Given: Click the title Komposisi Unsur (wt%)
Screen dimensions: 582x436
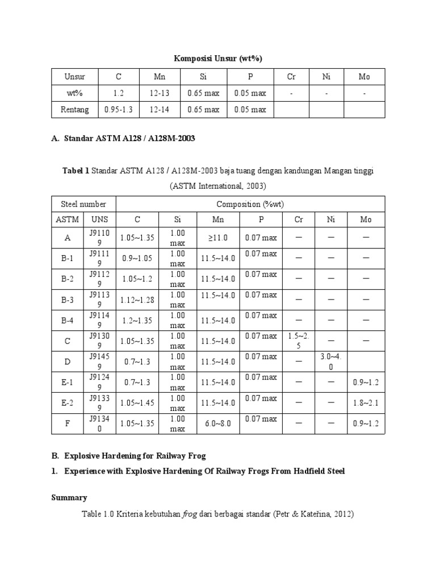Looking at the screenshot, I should pyautogui.click(x=217, y=59).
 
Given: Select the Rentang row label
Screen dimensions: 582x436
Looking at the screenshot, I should pyautogui.click(x=74, y=109).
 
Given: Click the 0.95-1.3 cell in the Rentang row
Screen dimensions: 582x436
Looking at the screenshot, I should pyautogui.click(x=119, y=109).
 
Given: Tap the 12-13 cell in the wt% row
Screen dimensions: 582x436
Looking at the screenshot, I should pyautogui.click(x=160, y=93).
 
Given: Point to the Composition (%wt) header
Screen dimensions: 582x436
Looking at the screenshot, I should pyautogui.click(x=250, y=204).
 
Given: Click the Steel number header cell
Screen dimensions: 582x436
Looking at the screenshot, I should pyautogui.click(x=83, y=204).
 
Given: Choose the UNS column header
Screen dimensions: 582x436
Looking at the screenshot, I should pyautogui.click(x=100, y=219).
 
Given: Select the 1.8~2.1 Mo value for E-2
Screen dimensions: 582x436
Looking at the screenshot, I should pyautogui.click(x=364, y=403).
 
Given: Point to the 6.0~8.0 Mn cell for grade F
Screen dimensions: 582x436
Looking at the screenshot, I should pyautogui.click(x=218, y=423).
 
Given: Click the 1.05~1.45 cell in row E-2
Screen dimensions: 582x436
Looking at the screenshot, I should pyautogui.click(x=136, y=403).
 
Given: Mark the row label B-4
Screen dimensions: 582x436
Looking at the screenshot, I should pyautogui.click(x=68, y=321).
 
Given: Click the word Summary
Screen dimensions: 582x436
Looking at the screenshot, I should pyautogui.click(x=69, y=498).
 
